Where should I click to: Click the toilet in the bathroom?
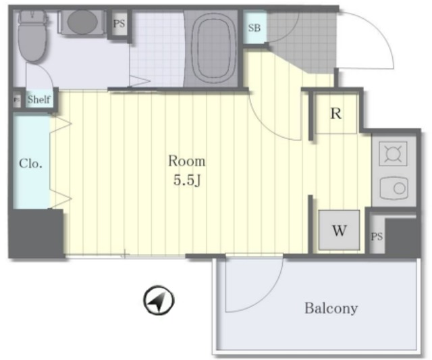[32, 36]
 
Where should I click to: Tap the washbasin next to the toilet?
[82, 22]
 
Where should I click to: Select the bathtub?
[211, 49]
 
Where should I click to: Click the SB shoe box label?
[254, 28]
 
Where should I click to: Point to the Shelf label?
[39, 99]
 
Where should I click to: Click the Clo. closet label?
[30, 163]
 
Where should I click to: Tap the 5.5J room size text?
[186, 180]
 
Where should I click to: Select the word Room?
[186, 161]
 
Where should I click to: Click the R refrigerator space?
[336, 113]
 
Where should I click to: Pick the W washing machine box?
[339, 230]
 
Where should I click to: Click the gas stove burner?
[393, 153]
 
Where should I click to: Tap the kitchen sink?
[394, 188]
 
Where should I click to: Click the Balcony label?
[331, 308]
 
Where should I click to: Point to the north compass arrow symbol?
[159, 301]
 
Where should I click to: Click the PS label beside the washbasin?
[119, 24]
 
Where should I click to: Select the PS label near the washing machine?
[377, 236]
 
